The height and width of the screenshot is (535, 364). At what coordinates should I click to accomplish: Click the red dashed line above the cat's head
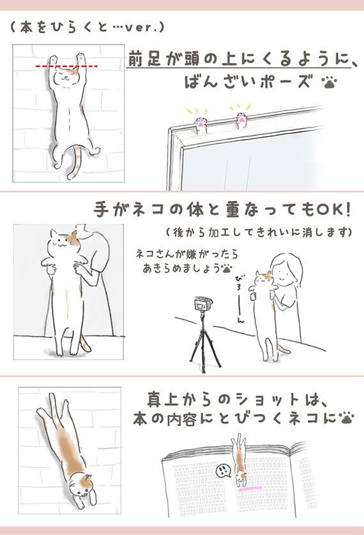(66, 66)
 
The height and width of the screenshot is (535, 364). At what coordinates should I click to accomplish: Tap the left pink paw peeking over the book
(201, 126)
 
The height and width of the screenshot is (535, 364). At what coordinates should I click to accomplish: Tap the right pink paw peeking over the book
(242, 121)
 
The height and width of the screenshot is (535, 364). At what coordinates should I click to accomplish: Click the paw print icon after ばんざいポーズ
(329, 82)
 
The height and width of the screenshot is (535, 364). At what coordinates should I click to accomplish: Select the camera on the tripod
(203, 304)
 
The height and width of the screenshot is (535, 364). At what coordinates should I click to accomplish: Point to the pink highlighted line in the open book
(250, 488)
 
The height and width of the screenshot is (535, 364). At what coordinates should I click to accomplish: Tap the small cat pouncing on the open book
(241, 460)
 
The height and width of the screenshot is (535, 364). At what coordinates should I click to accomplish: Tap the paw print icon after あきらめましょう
(227, 268)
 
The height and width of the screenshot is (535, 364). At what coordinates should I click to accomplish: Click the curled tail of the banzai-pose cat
(76, 162)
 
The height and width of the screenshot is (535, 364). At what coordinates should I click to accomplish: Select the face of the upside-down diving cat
(81, 486)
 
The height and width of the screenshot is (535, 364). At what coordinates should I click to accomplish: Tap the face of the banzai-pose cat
(66, 76)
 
